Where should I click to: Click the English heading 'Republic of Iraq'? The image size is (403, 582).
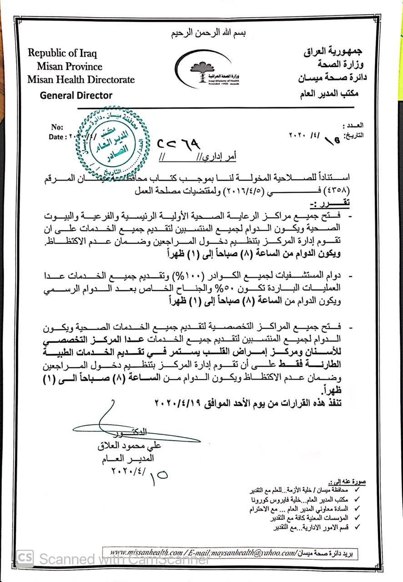pyautogui.click(x=62, y=53)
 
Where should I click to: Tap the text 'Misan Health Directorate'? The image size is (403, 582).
pyautogui.click(x=81, y=80)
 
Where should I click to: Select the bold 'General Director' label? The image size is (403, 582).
pyautogui.click(x=76, y=95)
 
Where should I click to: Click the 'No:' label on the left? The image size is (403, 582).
pyautogui.click(x=57, y=127)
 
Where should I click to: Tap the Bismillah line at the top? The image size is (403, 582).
pyautogui.click(x=201, y=34)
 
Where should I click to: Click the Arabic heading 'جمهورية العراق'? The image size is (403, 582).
pyautogui.click(x=335, y=52)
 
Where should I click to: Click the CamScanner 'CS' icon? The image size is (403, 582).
pyautogui.click(x=25, y=558)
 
